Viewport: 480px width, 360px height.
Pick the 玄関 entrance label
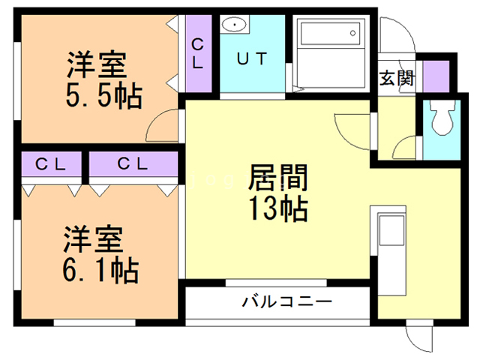[396, 77]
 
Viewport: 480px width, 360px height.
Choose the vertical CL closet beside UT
[198, 55]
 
